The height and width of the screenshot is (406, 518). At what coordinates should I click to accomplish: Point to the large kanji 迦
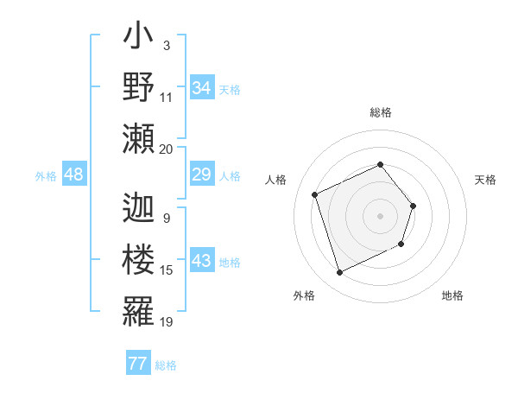138,208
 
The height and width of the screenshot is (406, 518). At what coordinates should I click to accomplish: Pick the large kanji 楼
138,260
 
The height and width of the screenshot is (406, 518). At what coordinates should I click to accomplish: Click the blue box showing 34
201,88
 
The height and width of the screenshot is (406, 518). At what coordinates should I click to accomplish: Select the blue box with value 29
201,175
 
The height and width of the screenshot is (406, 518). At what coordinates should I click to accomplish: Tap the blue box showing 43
201,262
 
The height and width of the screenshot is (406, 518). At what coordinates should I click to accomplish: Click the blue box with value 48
74,175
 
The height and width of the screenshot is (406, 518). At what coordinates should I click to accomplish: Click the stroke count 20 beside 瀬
166,149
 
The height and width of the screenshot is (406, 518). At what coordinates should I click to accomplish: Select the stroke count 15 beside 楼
166,270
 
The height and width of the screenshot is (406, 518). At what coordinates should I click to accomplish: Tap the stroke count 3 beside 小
166,45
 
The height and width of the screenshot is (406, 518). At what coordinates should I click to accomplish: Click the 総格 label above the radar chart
380,113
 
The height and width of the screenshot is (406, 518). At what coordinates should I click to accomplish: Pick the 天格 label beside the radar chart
485,180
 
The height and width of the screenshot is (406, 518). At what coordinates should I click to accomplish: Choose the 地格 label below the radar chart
452,296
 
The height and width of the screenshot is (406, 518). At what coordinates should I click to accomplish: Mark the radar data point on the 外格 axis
339,273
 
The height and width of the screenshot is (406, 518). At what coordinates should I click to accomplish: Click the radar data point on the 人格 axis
315,195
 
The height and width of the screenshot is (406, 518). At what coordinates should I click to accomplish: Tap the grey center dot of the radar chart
380,216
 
